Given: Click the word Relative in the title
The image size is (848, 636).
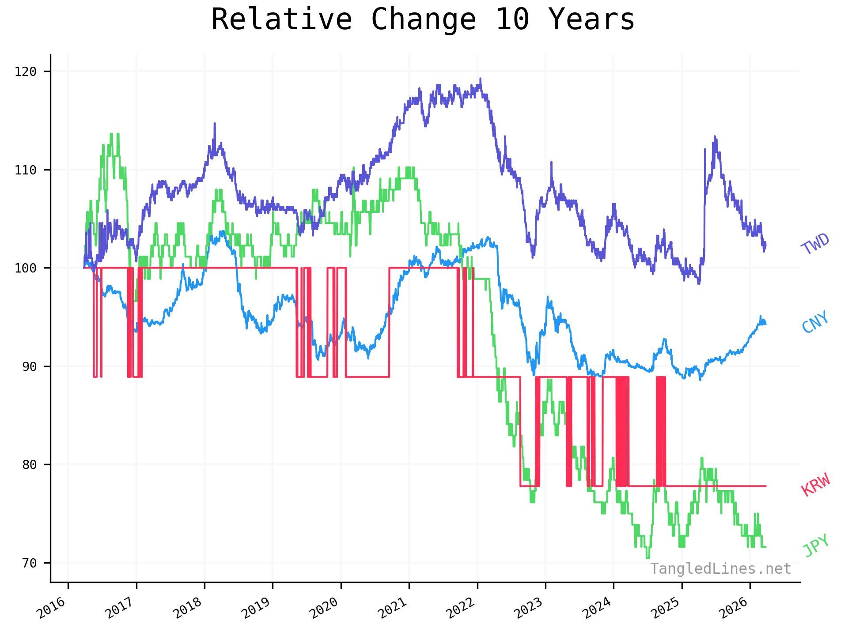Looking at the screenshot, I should click(x=281, y=20).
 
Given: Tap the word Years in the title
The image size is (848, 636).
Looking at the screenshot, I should click(x=591, y=20).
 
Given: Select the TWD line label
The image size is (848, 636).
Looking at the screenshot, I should click(x=815, y=244).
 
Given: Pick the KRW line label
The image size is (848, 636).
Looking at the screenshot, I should click(x=816, y=485).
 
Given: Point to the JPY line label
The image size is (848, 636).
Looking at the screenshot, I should click(x=816, y=545).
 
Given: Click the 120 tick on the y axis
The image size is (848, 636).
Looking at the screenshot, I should click(x=26, y=72).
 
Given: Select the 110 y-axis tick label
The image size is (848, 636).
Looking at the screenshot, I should click(x=26, y=170).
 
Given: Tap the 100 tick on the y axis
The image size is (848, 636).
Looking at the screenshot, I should click(x=26, y=268).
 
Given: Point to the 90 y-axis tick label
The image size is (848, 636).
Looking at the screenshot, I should click(x=29, y=366).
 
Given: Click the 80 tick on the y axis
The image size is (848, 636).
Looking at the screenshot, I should click(x=29, y=465).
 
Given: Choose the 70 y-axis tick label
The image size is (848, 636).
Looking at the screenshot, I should click(x=29, y=563).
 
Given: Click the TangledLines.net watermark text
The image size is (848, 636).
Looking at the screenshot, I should click(x=720, y=569).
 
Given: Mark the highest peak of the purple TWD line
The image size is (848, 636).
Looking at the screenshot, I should click(x=481, y=79).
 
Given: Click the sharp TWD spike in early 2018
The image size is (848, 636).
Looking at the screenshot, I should click(x=215, y=124).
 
